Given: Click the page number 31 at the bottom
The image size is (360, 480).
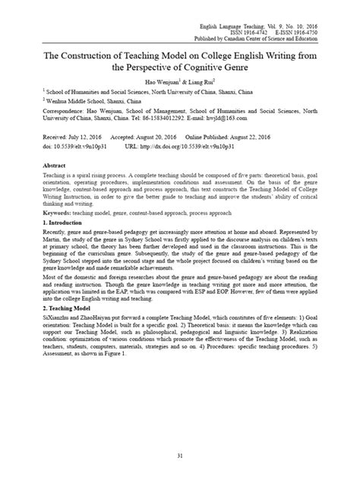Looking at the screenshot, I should pyautogui.click(x=180, y=456).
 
